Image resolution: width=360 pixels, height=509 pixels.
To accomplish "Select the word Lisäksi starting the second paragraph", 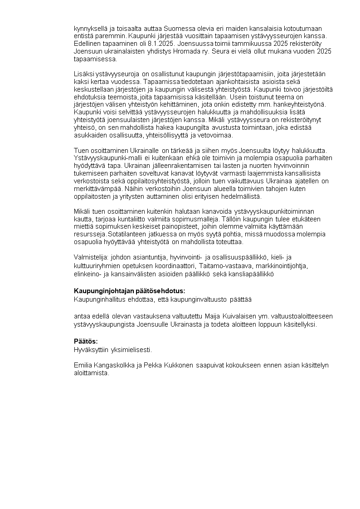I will [x=84, y=74].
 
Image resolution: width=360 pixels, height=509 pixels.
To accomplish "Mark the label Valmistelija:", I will [x=90, y=257].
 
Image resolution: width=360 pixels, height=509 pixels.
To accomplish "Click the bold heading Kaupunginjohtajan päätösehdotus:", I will [x=130, y=291].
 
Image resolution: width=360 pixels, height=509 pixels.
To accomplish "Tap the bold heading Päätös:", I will [x=86, y=341].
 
